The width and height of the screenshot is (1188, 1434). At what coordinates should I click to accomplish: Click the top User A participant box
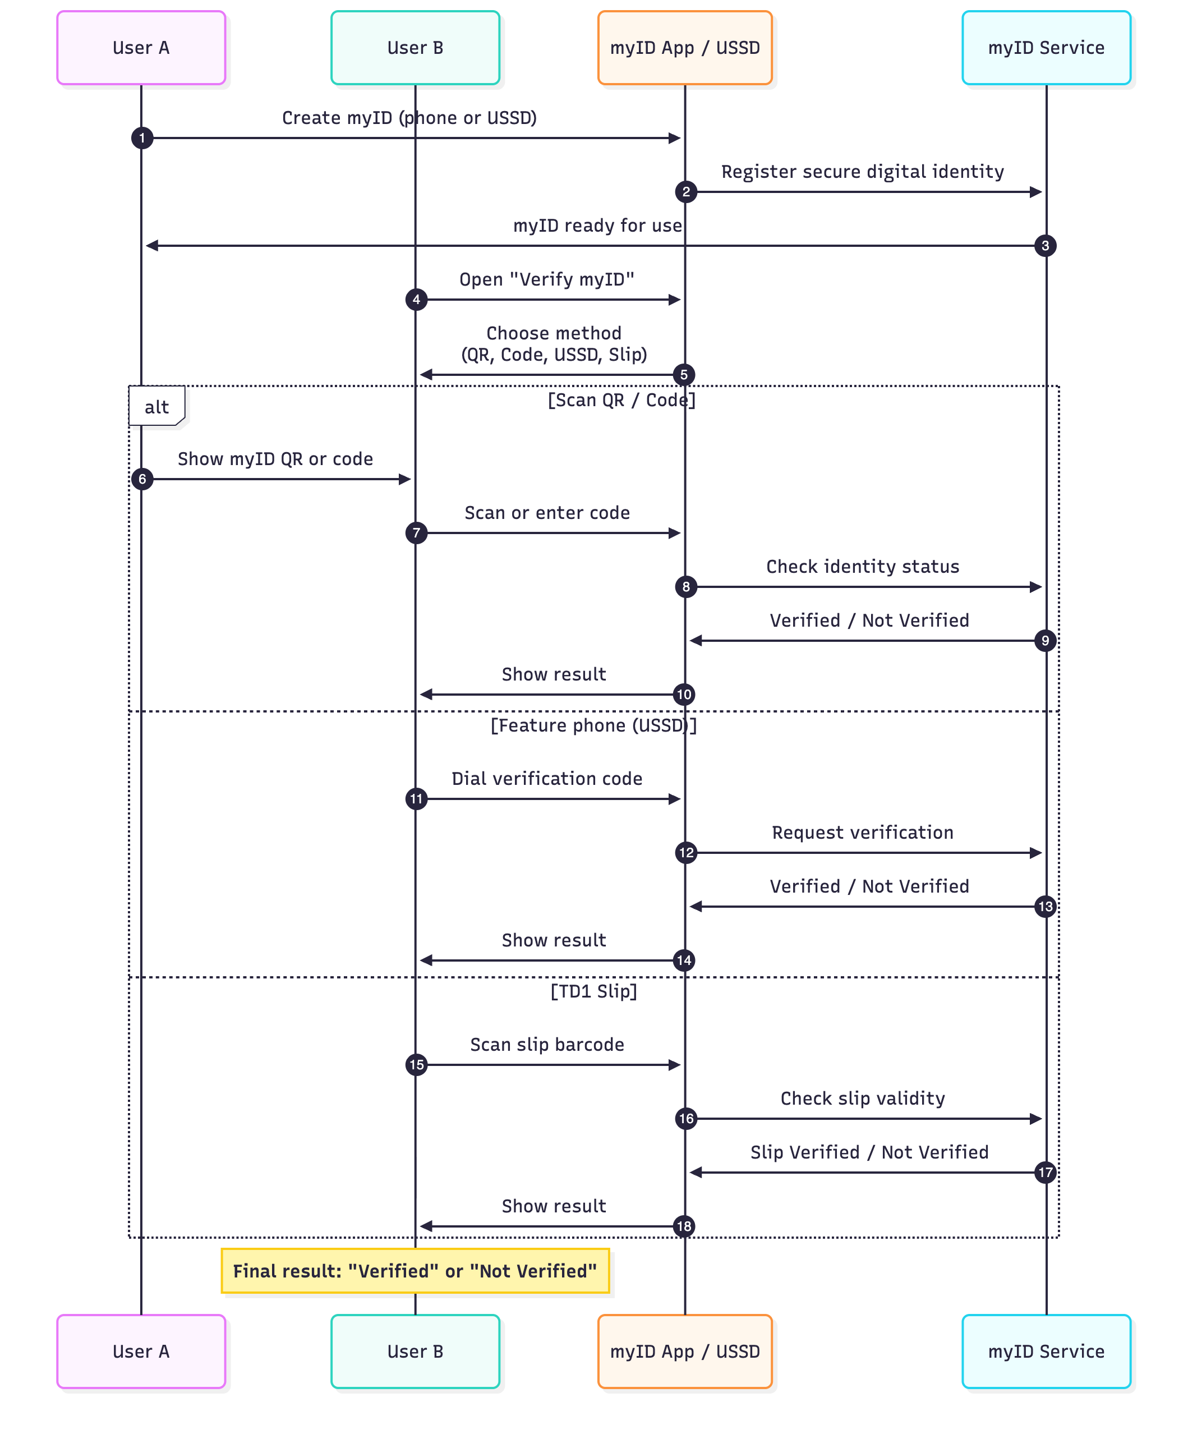141,48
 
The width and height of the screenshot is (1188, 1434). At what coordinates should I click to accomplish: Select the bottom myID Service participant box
1046,1351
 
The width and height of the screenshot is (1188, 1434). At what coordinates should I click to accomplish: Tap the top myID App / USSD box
684,48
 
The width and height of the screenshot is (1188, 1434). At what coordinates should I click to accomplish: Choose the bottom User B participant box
415,1351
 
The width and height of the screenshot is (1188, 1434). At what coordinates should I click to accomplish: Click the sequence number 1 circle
142,138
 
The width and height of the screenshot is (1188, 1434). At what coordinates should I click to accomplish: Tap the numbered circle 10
683,695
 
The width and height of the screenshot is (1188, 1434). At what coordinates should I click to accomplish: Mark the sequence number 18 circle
683,1226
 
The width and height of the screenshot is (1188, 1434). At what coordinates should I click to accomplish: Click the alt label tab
156,407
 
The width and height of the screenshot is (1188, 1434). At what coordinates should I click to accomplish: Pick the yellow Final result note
415,1271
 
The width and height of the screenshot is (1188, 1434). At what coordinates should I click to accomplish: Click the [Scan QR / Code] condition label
621,400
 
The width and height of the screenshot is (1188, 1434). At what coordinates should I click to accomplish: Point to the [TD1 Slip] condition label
593,991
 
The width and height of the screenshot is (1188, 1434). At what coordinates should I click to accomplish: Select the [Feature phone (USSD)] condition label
593,725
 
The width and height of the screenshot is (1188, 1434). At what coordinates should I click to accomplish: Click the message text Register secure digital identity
862,172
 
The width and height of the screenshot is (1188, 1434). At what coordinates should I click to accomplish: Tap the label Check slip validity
862,1098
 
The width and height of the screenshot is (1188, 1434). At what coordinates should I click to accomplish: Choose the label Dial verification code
547,779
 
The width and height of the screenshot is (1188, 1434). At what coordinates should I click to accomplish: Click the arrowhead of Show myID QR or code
405,479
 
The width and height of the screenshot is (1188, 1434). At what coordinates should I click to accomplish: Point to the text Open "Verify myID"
547,279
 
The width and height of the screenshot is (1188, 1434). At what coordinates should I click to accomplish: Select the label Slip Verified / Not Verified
869,1152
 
